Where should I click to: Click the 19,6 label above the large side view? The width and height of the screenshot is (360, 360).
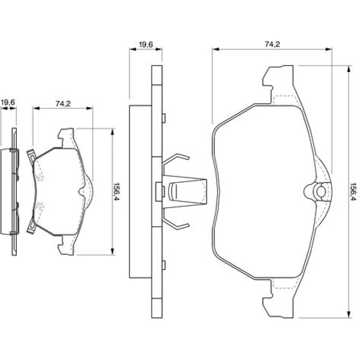point(146,44)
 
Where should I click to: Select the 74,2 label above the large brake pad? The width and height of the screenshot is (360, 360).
point(272,44)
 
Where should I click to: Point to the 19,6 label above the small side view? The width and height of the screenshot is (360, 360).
point(8,102)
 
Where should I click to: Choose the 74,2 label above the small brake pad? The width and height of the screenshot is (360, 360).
point(63,104)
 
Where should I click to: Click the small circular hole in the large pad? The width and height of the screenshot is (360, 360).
point(321,191)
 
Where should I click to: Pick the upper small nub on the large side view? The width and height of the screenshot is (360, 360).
point(164,118)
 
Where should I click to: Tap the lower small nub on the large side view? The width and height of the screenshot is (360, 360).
point(164,265)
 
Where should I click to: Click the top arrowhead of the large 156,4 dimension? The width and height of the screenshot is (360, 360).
point(349,69)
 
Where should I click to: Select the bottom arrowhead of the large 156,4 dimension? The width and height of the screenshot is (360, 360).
point(349,315)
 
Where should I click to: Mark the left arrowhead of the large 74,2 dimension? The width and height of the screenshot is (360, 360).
point(216,49)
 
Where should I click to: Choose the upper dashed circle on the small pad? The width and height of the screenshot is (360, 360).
point(40,177)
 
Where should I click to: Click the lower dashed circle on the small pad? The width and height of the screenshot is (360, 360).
point(40,206)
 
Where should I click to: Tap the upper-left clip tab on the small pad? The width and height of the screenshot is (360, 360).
point(31,155)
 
